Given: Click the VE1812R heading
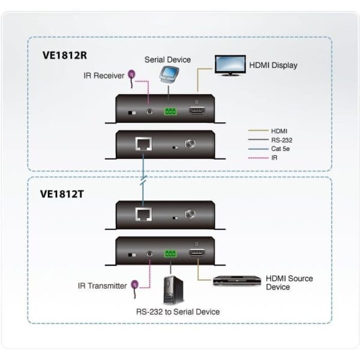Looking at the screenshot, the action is (x=65, y=55).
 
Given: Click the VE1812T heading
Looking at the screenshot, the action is (x=62, y=194).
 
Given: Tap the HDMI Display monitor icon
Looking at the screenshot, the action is (x=230, y=65).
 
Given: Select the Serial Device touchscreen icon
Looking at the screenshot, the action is (x=169, y=75).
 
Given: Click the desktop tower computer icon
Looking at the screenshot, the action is (x=173, y=290).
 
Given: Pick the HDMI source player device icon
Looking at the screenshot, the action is (x=237, y=280).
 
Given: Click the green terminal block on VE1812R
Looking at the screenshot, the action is (x=170, y=112).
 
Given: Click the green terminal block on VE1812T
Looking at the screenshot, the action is (x=170, y=254).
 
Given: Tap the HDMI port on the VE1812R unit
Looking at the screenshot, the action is (x=197, y=110).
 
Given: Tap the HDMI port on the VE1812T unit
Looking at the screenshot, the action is (x=197, y=253).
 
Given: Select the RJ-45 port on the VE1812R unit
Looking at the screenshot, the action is (x=143, y=144).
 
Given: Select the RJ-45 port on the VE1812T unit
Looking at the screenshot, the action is (x=143, y=214).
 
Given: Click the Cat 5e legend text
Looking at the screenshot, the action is (x=280, y=149).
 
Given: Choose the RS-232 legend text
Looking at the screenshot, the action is (x=282, y=140).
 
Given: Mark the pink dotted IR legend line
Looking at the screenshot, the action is (x=258, y=158).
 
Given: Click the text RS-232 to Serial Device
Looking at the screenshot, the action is (x=178, y=312).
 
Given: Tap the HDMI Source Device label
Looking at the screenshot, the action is (x=289, y=283).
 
